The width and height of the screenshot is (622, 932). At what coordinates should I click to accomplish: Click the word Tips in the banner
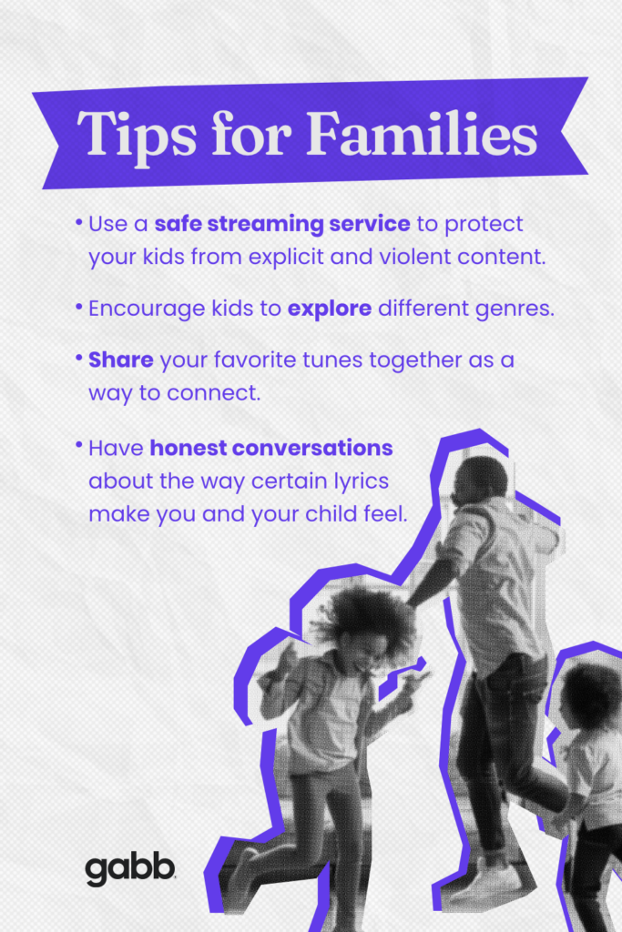137,135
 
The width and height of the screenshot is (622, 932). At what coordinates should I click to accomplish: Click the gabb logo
130,870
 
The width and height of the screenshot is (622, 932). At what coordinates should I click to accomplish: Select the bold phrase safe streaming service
282,224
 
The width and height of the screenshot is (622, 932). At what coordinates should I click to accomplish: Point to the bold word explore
330,309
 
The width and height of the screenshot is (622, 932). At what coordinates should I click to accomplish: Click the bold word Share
121,360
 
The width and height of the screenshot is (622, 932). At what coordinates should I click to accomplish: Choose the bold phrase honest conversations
271,448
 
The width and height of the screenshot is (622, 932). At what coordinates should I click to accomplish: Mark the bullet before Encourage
79,307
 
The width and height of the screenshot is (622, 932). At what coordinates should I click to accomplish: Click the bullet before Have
79,445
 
